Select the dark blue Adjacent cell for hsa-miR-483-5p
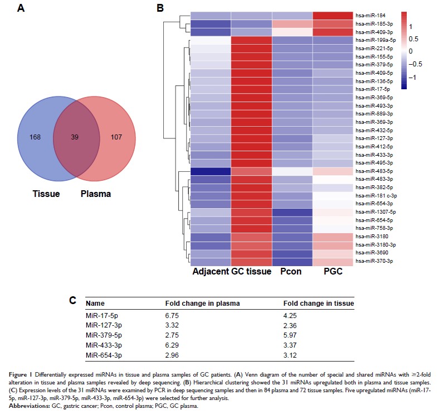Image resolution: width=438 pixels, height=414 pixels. click(211, 171)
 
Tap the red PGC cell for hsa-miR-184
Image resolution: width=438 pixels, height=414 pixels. click(333, 16)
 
